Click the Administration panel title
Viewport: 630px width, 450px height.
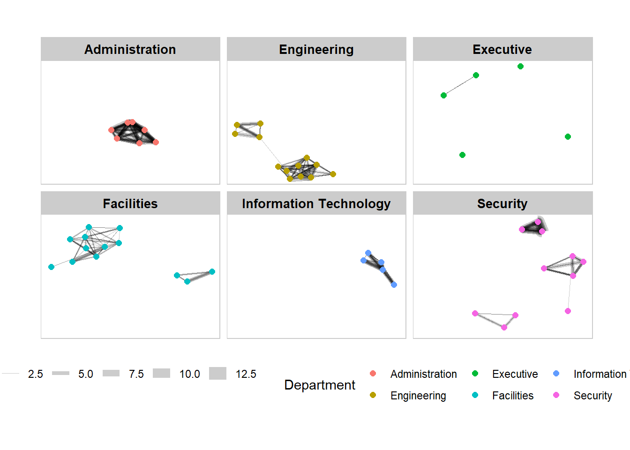click(x=130, y=49)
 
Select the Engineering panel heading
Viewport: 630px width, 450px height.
click(x=316, y=49)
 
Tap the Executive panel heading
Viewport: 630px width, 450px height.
click(x=502, y=49)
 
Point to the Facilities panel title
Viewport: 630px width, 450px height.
click(x=130, y=203)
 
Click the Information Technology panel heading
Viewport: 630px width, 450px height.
click(x=316, y=203)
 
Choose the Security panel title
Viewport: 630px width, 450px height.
click(x=502, y=203)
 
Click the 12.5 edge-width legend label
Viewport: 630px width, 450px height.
click(x=246, y=374)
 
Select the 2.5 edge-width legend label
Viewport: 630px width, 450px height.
click(x=35, y=374)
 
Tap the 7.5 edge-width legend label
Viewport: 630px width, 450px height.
click(x=136, y=374)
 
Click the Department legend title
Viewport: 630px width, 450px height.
click(x=320, y=385)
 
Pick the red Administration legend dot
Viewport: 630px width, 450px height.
click(x=373, y=374)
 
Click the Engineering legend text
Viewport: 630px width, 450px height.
click(x=418, y=396)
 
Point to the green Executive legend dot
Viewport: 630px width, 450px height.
click(x=475, y=374)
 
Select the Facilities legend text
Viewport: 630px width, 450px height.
click(x=513, y=396)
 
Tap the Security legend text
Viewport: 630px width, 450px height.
click(x=592, y=396)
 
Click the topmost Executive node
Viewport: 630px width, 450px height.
click(x=520, y=67)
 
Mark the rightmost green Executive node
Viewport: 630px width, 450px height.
click(x=568, y=137)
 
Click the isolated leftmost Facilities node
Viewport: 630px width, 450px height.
click(x=52, y=267)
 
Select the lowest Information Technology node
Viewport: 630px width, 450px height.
click(x=394, y=285)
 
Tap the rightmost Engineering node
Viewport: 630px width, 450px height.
click(x=333, y=174)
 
